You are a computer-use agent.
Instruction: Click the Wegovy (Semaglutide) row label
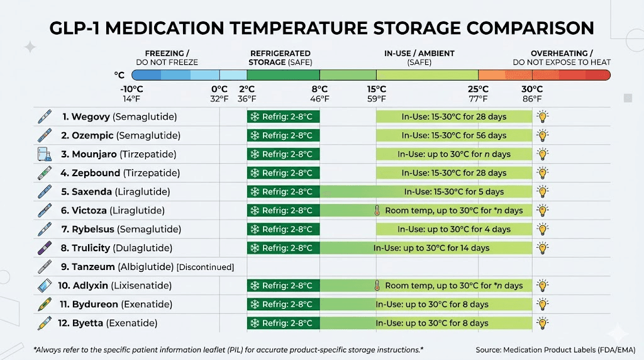[119, 116]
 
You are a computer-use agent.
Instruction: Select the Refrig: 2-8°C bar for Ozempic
[283, 135]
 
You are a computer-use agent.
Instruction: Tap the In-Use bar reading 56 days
[453, 135]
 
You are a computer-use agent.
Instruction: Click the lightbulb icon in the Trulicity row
[541, 248]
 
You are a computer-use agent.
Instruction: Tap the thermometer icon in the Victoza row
[377, 211]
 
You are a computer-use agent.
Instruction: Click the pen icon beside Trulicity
[45, 248]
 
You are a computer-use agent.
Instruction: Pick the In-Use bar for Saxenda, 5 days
[453, 192]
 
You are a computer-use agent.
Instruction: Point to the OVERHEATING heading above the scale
[562, 53]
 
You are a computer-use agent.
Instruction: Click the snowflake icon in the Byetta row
[255, 323]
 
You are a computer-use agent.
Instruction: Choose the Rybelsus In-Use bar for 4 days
[453, 229]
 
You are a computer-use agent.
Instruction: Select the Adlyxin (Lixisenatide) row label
[114, 286]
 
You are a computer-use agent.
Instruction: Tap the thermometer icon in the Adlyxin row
[377, 286]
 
